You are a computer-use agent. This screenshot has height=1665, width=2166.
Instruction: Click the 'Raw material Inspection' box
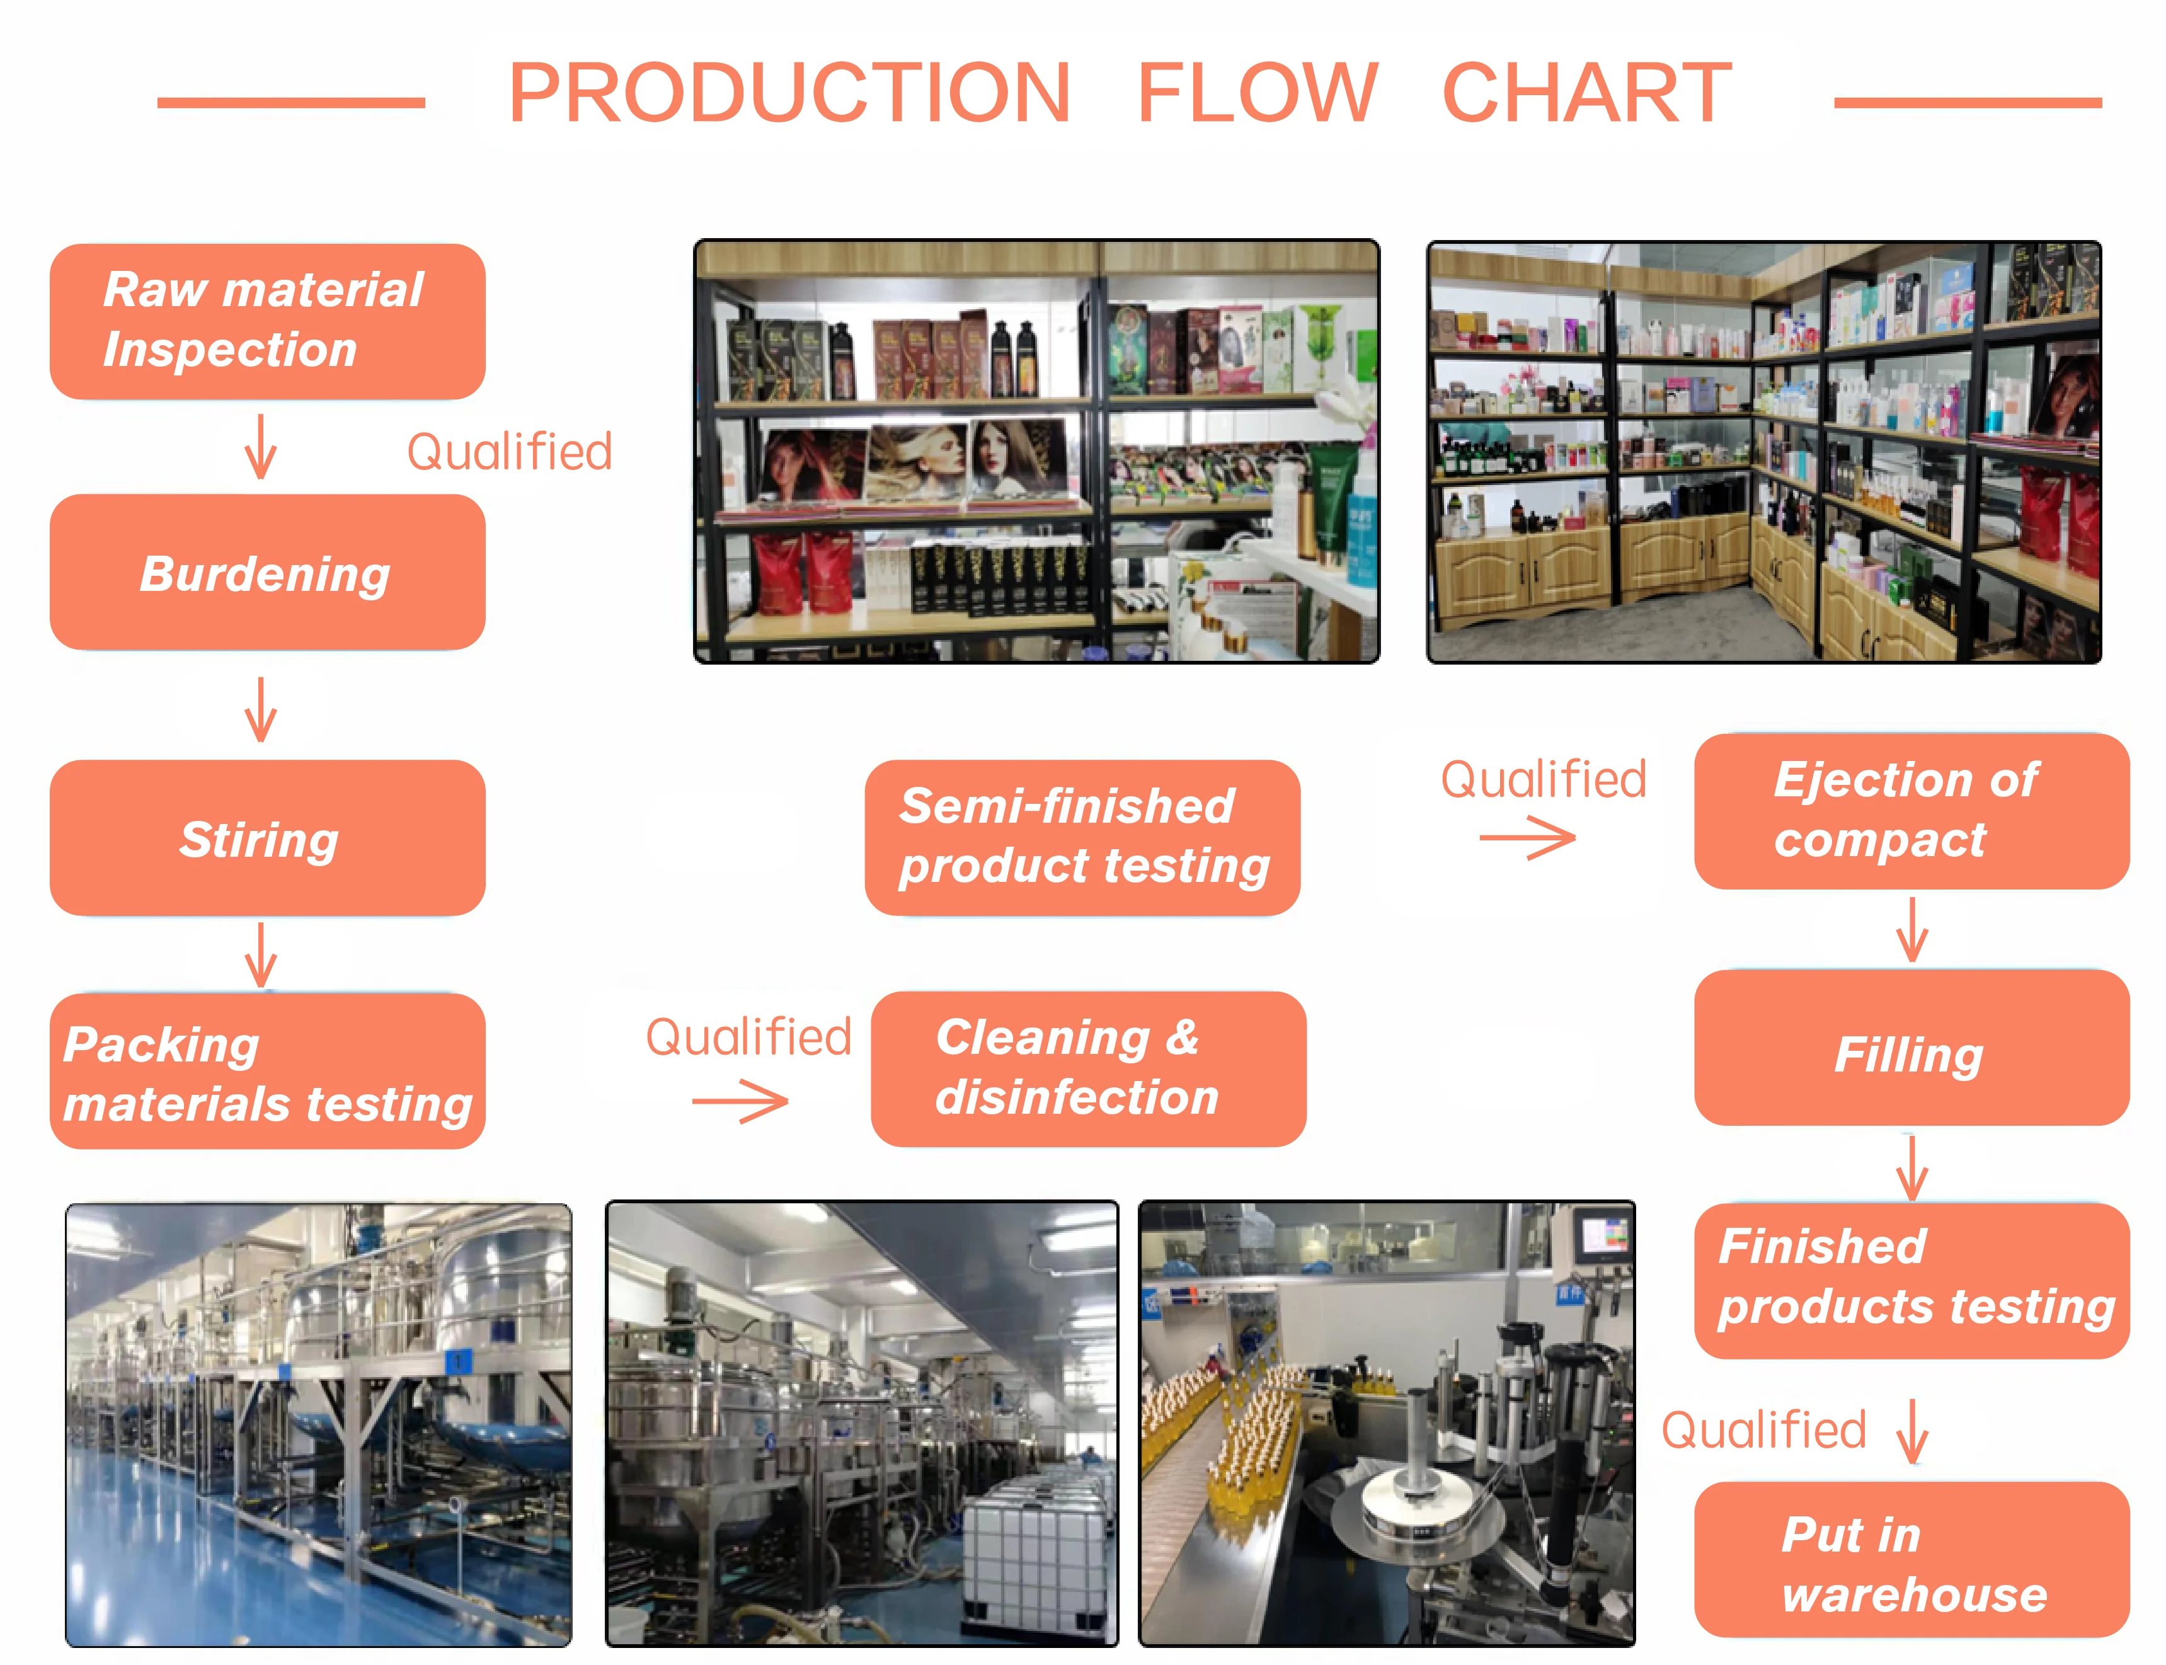pos(266,321)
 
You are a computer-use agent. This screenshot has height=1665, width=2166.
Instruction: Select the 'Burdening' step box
pos(266,572)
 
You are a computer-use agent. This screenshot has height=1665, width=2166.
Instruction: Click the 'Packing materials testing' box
pos(266,1072)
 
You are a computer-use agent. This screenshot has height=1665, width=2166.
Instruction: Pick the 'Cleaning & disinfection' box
pos(1087,1068)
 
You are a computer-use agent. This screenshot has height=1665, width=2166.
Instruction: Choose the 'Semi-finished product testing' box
pos(1082,837)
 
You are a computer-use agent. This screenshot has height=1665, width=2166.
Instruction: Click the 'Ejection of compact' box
pos(1910,811)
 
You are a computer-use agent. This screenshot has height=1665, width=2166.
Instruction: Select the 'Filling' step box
pos(1910,1048)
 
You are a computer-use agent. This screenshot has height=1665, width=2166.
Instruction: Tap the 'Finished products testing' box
pos(1910,1279)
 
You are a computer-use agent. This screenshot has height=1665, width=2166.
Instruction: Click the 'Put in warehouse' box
pos(1910,1560)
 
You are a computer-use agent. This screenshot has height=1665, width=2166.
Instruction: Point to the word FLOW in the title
pos(1256,93)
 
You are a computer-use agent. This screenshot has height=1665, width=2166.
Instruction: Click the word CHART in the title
pos(1586,93)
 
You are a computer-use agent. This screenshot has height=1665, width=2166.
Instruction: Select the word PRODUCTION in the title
pos(789,93)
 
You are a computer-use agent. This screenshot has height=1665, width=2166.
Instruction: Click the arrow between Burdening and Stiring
pos(261,709)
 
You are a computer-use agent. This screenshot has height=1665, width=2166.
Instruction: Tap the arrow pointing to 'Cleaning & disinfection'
pos(740,1101)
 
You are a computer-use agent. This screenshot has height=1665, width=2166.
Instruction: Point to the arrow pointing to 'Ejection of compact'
pos(1527,838)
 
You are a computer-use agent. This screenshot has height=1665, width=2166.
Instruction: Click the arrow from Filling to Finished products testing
pos(1910,1167)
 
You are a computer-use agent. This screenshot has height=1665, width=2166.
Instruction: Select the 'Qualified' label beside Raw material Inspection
pos(510,452)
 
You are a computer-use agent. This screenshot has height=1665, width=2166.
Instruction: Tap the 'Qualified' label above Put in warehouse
pos(1763,1430)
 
